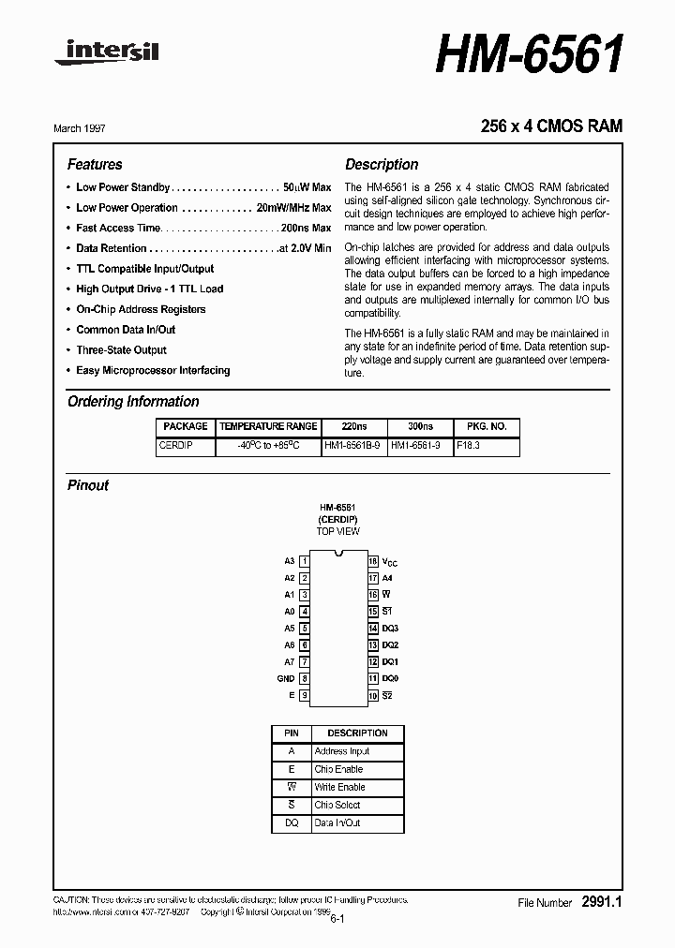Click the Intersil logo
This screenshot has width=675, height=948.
pos(106,54)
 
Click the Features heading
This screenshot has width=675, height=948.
pos(95,164)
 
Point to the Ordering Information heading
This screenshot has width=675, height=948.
pos(133,401)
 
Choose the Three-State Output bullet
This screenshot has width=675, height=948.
pos(121,349)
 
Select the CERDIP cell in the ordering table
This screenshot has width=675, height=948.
pos(175,446)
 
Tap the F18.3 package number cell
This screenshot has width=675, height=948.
pos(468,446)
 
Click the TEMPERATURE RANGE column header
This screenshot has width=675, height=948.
pos(268,426)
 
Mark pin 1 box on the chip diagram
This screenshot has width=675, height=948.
pos(305,561)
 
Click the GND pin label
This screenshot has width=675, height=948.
pos(286,678)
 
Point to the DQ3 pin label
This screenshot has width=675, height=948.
pos(390,628)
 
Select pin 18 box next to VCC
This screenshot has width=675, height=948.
pos(372,561)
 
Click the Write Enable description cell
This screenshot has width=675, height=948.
pos(340,787)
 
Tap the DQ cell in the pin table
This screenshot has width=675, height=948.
pos(292,822)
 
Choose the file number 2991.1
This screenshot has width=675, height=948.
pos(602,901)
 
